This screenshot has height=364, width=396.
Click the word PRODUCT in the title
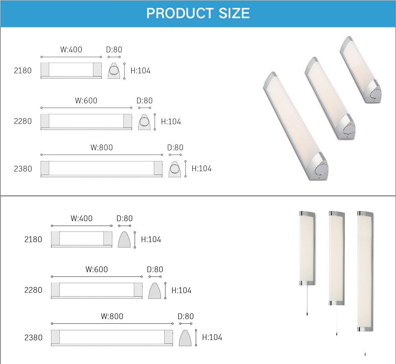179,13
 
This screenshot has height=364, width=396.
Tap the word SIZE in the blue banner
234,13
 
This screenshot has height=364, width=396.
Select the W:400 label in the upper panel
71,49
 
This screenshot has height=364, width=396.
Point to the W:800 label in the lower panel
112,316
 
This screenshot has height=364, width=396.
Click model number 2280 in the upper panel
23,121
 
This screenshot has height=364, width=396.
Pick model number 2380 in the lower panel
33,338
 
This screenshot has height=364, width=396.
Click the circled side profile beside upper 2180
114,71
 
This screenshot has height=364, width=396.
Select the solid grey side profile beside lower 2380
185,338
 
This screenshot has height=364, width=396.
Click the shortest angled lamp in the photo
360,69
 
